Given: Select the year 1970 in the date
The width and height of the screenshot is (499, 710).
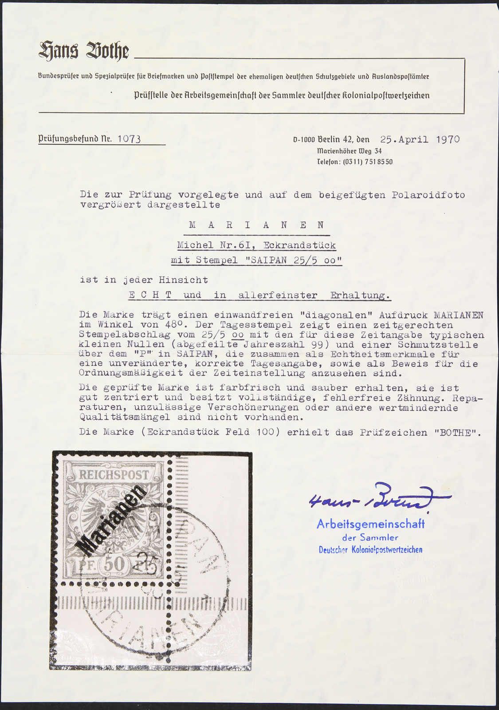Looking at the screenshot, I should click(448, 139).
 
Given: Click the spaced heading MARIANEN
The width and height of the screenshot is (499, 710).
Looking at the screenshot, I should click(257, 225).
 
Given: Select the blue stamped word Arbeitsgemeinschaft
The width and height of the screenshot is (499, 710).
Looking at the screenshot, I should click(370, 524).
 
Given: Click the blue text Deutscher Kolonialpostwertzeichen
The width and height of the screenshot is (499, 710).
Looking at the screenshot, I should click(370, 550).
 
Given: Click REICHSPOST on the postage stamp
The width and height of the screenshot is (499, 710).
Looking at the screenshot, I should click(114, 475).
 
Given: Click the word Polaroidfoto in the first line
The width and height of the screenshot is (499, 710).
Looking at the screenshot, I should click(428, 195).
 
